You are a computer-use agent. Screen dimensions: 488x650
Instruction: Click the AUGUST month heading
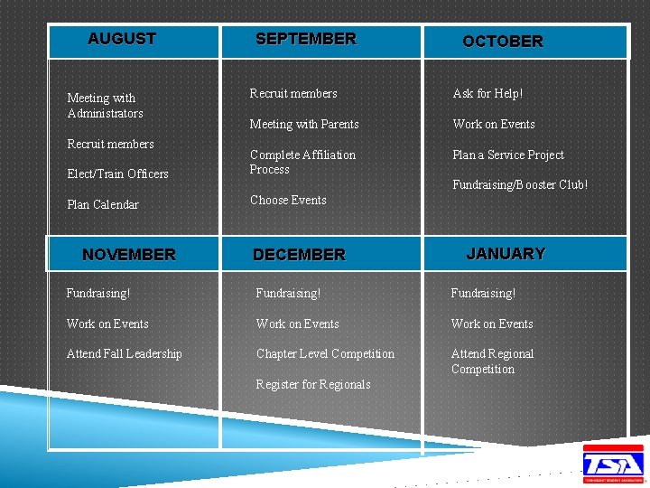[x=122, y=39]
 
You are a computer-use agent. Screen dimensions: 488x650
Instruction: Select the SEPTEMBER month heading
[x=306, y=39]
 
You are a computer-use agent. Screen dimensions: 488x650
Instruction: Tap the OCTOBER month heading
[x=503, y=42]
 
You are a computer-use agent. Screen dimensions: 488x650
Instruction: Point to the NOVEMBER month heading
[x=129, y=255]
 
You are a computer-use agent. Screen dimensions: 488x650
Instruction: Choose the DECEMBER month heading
[x=299, y=255]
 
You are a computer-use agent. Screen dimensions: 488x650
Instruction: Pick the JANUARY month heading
[x=506, y=254]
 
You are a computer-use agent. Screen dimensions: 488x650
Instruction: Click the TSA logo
[x=613, y=463]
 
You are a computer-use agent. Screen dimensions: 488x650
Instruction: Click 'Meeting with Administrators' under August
[x=105, y=106]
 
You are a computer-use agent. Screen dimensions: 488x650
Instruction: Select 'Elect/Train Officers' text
[x=117, y=174]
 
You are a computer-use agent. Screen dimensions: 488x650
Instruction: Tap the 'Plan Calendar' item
[x=103, y=204]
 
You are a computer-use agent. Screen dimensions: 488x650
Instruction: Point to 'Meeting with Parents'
[x=304, y=124]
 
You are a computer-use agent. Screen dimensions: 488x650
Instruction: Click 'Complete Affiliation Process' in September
[x=302, y=162]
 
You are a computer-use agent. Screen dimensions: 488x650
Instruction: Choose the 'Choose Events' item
[x=288, y=200]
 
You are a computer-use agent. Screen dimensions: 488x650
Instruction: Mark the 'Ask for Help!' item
[x=487, y=93]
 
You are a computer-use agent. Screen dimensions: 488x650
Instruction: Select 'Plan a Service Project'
[x=507, y=155]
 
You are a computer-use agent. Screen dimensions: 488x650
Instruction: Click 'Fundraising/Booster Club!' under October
[x=520, y=184]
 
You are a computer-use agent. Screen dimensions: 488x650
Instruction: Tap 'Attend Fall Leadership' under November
[x=124, y=353]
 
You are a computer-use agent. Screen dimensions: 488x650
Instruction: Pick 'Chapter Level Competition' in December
[x=325, y=353]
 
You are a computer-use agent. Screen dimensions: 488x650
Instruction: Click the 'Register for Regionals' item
[x=313, y=384]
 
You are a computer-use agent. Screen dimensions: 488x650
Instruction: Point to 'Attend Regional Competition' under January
[x=492, y=361]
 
